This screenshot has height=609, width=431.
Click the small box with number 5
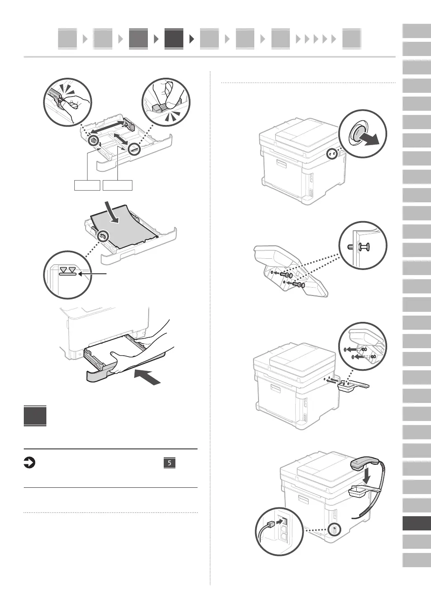pos(169,463)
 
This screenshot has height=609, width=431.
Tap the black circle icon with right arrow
pos(30,463)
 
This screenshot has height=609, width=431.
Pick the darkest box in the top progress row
pos(174,39)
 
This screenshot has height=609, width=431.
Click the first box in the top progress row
pos(67,39)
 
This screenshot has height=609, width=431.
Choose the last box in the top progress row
pos(351,39)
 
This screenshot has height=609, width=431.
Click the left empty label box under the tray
pos(87,185)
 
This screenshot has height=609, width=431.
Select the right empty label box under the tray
pos(118,185)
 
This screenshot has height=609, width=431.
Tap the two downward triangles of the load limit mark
pos(68,270)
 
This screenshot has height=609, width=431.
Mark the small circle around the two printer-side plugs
pos(333,154)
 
